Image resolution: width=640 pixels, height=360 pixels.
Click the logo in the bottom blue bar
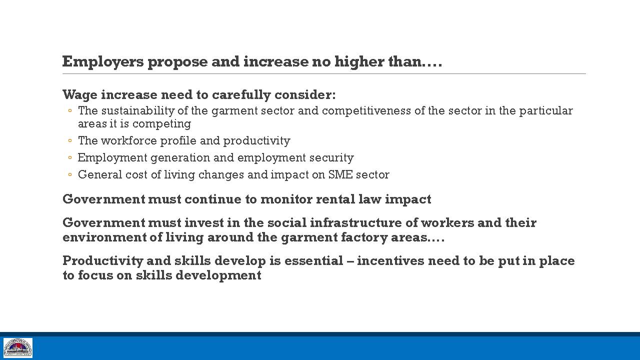tap(18, 347)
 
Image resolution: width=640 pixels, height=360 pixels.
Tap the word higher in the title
tap(359, 62)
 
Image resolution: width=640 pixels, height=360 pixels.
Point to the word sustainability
tap(137, 111)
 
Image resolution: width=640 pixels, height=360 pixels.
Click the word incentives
tap(390, 261)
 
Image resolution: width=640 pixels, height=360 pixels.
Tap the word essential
tap(313, 261)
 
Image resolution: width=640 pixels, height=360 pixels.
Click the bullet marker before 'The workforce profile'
tap(70, 140)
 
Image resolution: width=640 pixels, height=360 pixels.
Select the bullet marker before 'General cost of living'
tap(70, 174)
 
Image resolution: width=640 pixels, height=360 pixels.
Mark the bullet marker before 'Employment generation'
tap(70, 157)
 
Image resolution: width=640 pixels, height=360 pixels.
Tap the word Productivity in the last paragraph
tap(103, 261)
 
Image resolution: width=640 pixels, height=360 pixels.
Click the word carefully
tap(241, 95)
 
